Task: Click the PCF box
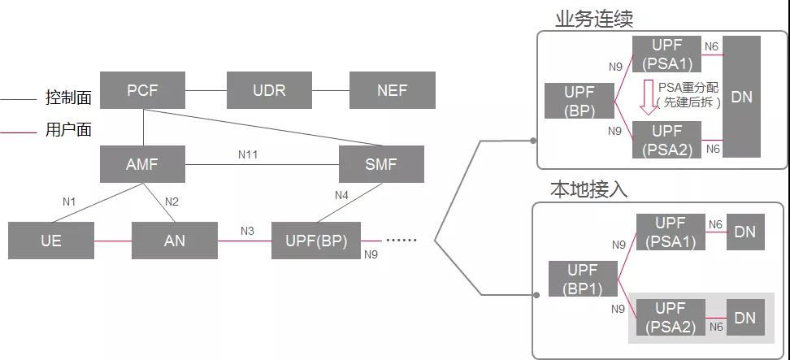coord(142,90)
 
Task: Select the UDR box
coord(269,90)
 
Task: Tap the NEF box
coord(392,90)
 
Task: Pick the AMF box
coord(142,164)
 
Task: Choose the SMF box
coord(381,164)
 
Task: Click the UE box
coord(50,241)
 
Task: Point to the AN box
coord(175,241)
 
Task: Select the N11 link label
coord(248,154)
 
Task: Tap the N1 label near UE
coord(69,202)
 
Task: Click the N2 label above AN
coord(171,202)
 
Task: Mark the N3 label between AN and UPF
coord(247,231)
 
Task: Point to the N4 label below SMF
coord(341,195)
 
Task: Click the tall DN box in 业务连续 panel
coord(741,97)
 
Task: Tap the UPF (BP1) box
coord(582,279)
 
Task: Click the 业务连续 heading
coord(594,19)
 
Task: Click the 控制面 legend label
coord(68,98)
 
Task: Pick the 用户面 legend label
coord(68,130)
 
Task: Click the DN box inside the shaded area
coord(744,318)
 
